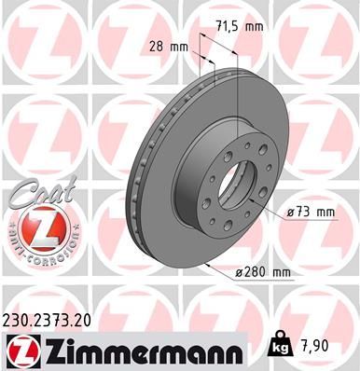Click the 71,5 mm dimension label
click(238, 27)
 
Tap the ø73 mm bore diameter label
click(310, 213)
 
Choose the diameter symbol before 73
click(291, 213)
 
